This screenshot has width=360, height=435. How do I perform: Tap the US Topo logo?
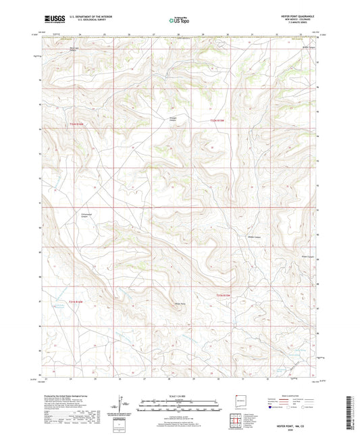click(x=179, y=20)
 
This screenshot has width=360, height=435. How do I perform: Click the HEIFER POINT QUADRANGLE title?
click(x=296, y=16)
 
